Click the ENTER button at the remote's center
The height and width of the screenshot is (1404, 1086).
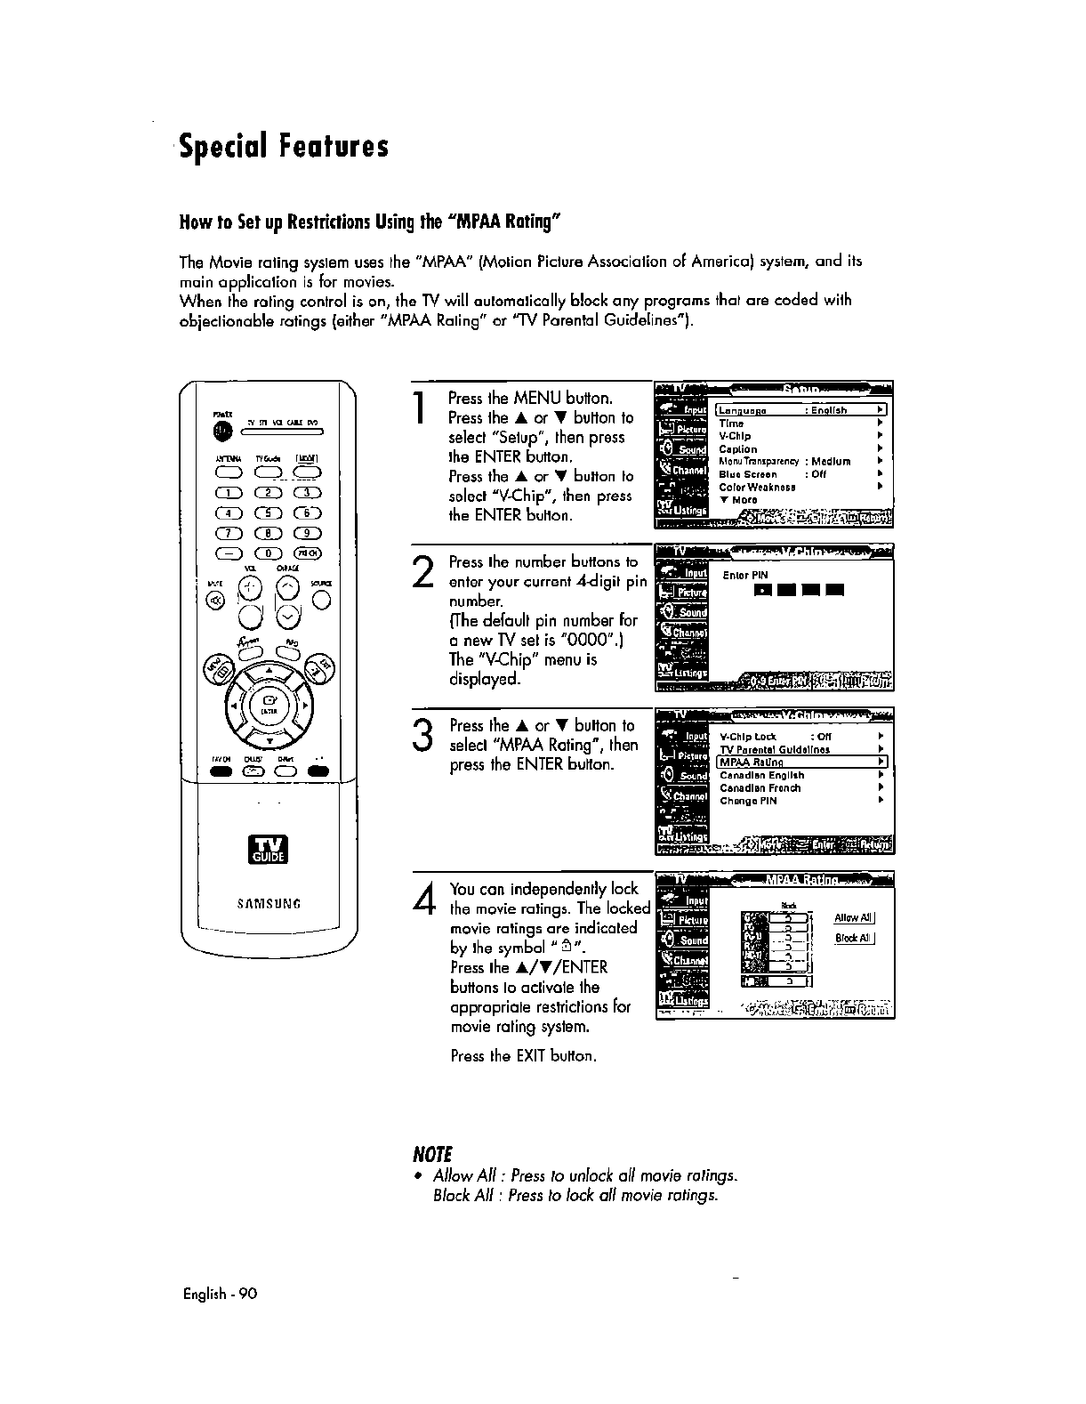pyautogui.click(x=268, y=708)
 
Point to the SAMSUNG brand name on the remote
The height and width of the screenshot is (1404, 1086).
pyautogui.click(x=268, y=905)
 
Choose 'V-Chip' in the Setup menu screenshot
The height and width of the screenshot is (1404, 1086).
pyautogui.click(x=735, y=436)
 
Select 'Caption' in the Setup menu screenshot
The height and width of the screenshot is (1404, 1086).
pyautogui.click(x=737, y=449)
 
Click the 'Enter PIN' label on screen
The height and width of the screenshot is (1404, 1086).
pyautogui.click(x=744, y=576)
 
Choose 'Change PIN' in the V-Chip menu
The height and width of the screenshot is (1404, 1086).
pyautogui.click(x=748, y=801)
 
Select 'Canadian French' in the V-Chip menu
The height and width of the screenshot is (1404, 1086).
pyautogui.click(x=760, y=788)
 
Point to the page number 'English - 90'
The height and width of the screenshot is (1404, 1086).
pyautogui.click(x=218, y=1295)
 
